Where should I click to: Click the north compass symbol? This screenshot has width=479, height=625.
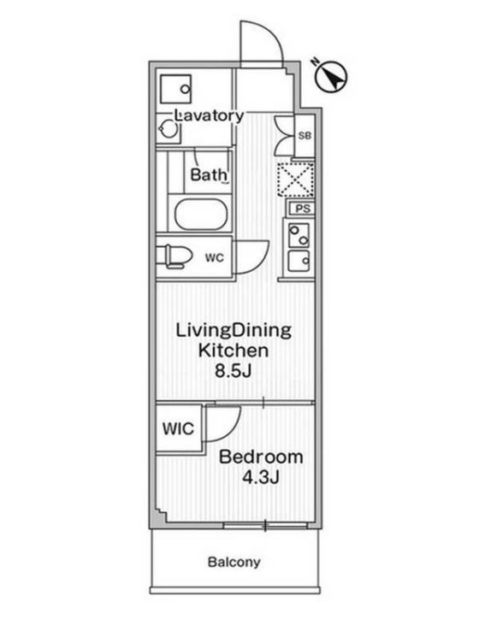coord(329,76)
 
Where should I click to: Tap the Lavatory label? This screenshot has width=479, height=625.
coord(210,115)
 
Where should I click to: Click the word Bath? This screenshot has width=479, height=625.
coord(208,176)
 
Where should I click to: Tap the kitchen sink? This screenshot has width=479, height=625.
coord(299,260)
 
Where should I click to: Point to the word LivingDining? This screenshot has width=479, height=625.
coord(234,329)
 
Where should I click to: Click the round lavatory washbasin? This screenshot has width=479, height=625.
coord(169,130)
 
